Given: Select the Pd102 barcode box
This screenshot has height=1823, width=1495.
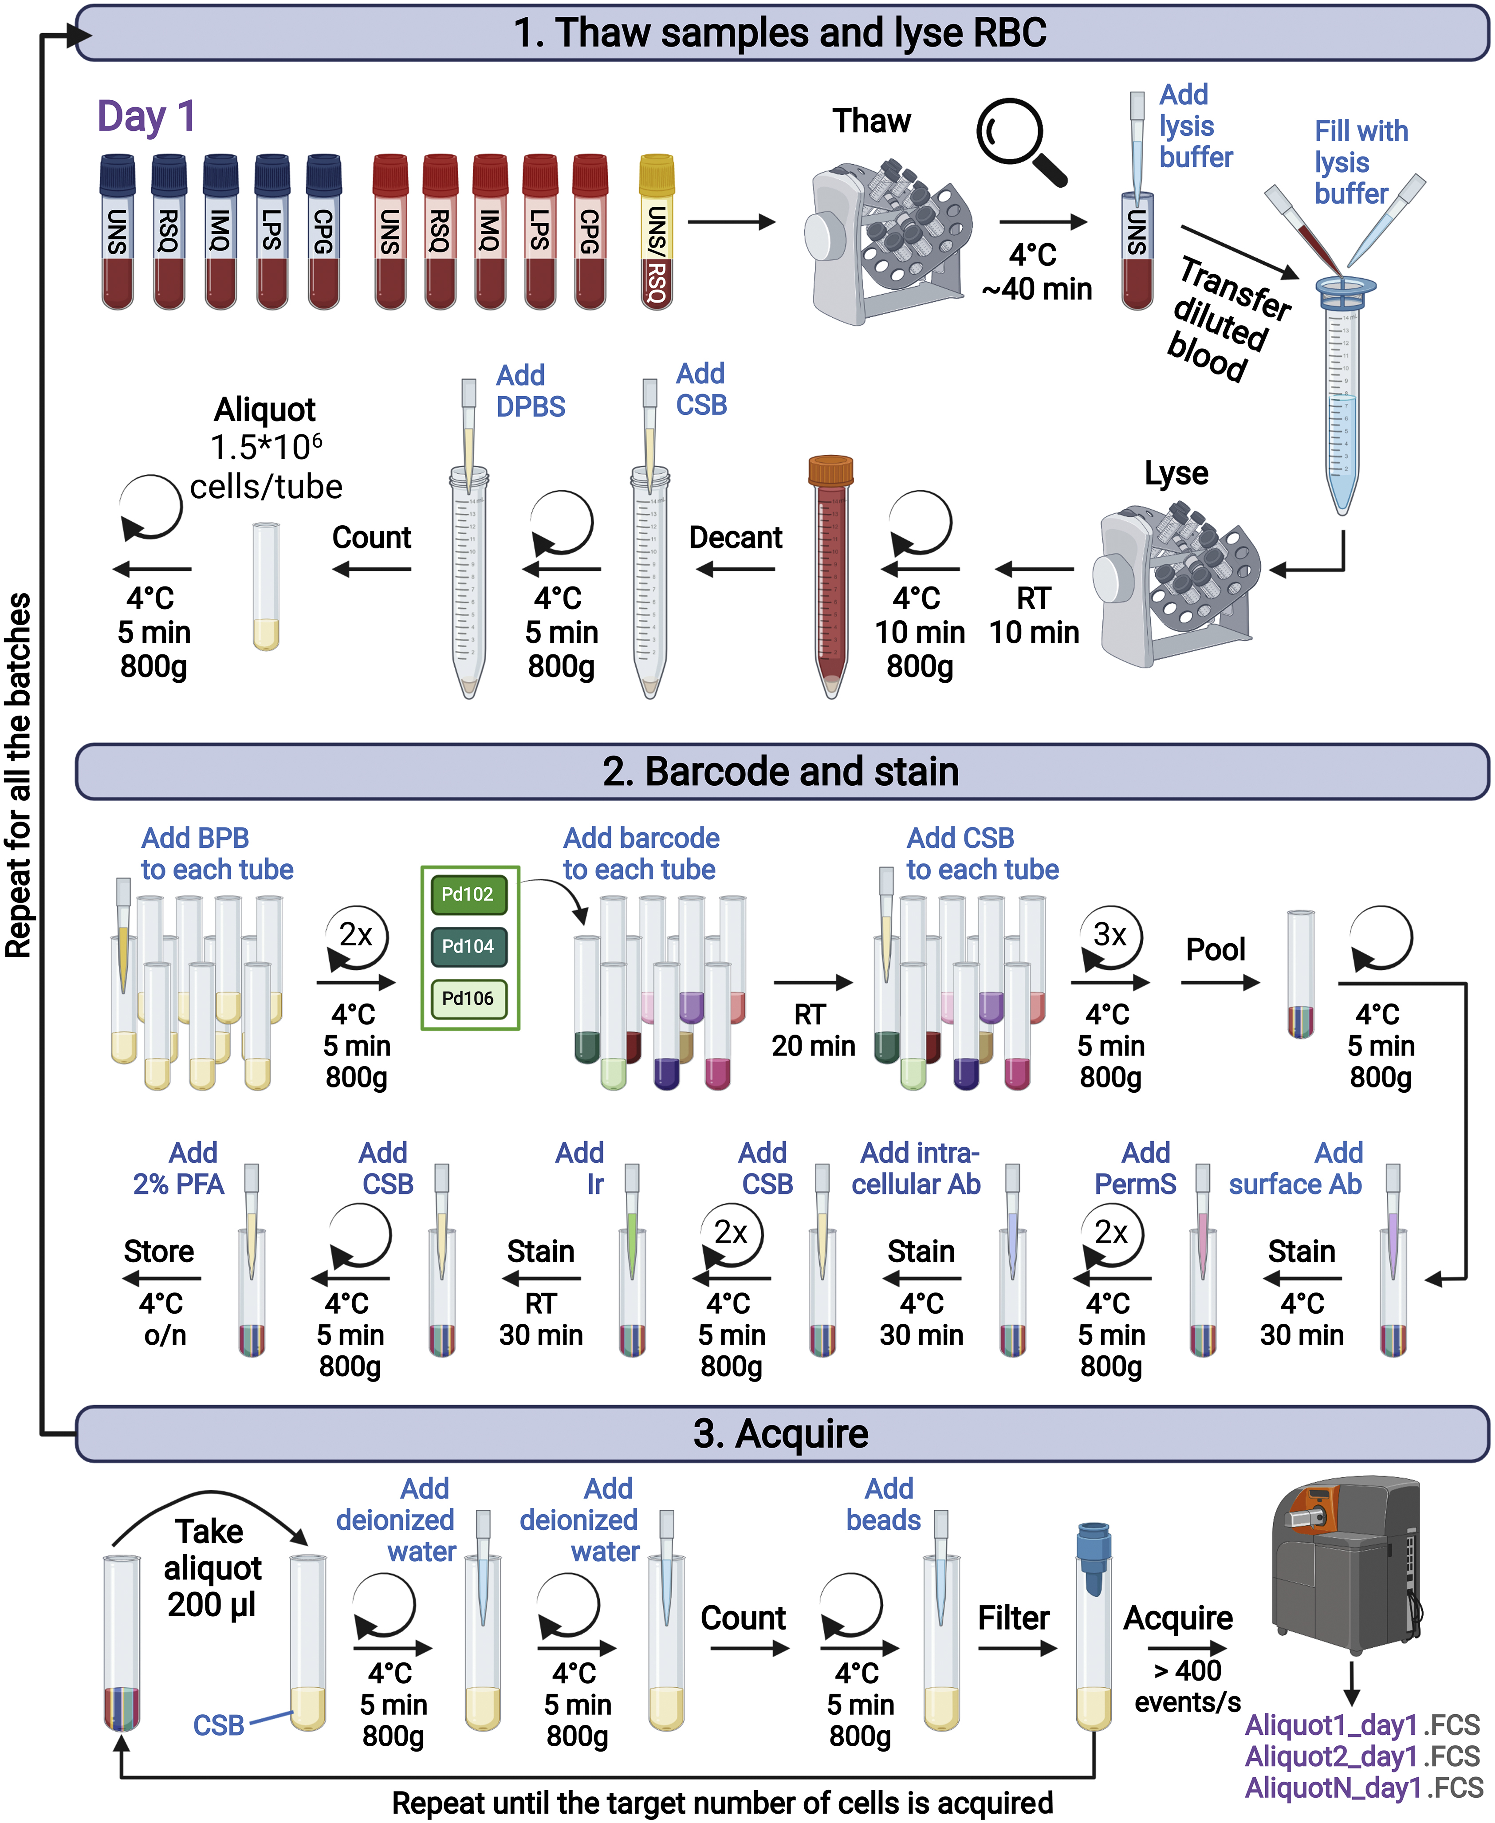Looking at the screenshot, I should [468, 894].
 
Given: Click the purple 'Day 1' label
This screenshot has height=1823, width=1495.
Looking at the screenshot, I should [146, 116].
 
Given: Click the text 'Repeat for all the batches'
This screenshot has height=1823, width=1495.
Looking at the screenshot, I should [19, 775].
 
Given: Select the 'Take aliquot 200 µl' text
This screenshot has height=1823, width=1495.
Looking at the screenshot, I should [212, 1567].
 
